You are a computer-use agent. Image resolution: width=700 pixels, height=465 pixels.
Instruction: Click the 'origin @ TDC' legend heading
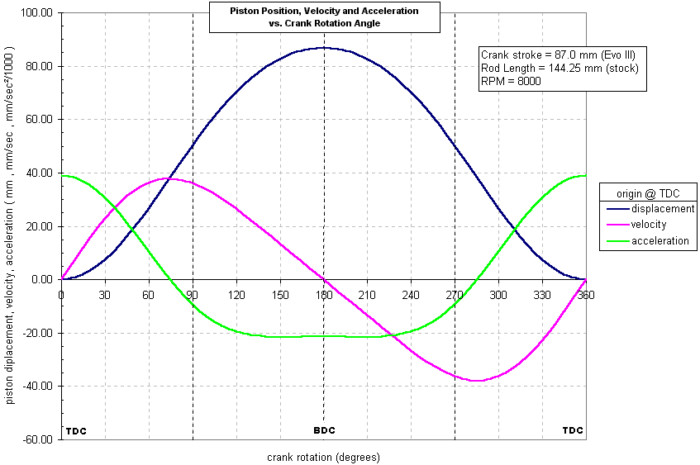click(648, 192)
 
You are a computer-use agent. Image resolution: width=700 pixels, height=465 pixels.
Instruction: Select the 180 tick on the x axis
click(324, 294)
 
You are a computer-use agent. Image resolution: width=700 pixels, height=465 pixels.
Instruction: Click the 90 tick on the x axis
click(193, 294)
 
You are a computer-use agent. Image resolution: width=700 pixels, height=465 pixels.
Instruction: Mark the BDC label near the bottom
click(324, 430)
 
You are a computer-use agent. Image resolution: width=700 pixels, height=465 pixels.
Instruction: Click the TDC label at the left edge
click(76, 430)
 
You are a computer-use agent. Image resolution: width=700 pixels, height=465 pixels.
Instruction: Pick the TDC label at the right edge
click(573, 430)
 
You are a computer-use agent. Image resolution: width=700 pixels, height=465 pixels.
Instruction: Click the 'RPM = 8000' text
click(511, 81)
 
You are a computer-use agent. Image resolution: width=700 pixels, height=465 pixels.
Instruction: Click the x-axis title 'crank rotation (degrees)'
click(323, 456)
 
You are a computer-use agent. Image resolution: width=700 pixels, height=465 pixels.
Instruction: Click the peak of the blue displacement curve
click(324, 47)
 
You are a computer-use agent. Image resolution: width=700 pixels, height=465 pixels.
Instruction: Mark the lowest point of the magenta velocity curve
click(477, 381)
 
